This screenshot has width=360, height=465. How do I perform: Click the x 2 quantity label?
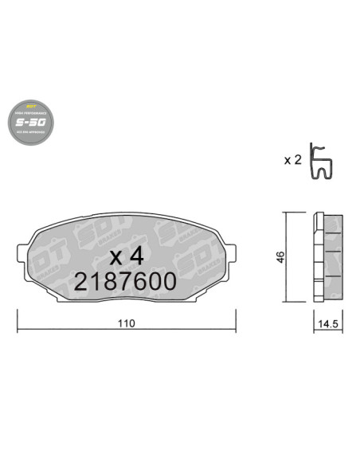(x=292, y=159)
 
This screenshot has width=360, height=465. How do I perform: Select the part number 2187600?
(x=125, y=282)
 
